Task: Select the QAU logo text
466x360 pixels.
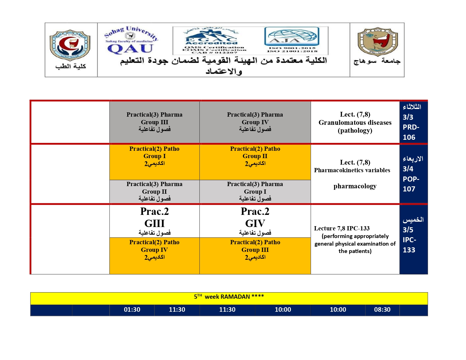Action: coord(130,49)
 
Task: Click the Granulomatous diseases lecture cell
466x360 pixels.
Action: coord(355,122)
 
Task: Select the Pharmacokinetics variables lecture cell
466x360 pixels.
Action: coord(355,174)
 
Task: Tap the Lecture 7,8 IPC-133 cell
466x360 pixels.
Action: coord(355,239)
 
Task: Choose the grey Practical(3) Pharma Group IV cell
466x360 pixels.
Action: coord(255,122)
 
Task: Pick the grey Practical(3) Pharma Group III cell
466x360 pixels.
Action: coord(154,122)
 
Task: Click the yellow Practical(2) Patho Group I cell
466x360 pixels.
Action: coord(154,162)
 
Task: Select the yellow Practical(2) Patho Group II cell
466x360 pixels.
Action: coord(255,162)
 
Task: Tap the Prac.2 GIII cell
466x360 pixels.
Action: coord(154,221)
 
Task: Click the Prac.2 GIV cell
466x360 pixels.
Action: coord(255,221)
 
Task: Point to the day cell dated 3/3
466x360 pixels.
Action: coord(413,122)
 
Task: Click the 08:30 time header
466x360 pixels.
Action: coord(382,310)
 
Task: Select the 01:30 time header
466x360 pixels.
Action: coord(132,310)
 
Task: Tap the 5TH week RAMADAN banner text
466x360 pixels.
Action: coord(229,297)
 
